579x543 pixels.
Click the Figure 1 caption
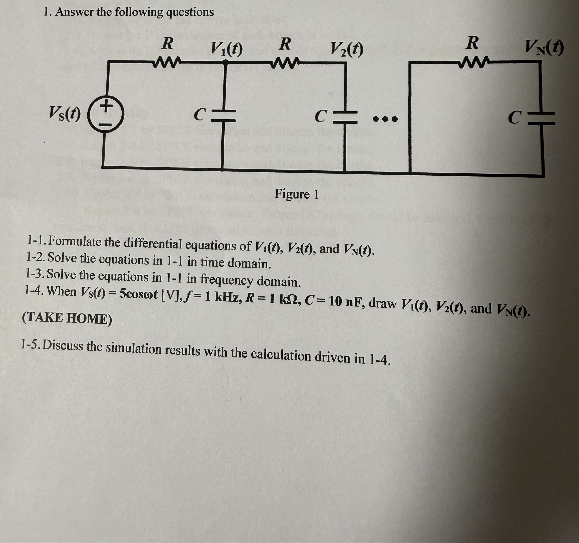pyautogui.click(x=297, y=194)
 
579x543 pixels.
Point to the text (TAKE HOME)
pyautogui.click(x=67, y=318)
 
